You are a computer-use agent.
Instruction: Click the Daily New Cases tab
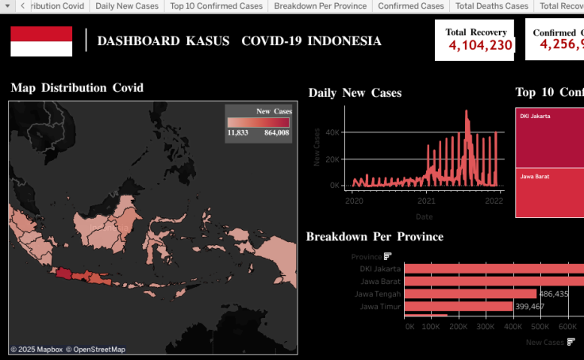127,6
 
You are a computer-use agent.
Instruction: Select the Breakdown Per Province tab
321,6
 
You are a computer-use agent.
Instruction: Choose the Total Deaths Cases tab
492,6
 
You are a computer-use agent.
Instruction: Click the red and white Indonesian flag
41,41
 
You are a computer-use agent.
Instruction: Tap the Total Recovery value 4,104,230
480,45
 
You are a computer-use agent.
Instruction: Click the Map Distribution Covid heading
77,88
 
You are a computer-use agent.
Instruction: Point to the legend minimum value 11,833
238,133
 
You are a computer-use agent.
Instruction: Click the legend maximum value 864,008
277,133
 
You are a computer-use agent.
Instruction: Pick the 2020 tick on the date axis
354,201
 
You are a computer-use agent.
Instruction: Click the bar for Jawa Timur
458,306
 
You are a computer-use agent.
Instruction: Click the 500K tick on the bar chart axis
540,326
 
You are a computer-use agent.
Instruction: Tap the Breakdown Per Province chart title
375,236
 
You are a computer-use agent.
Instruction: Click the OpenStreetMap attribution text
95,350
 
